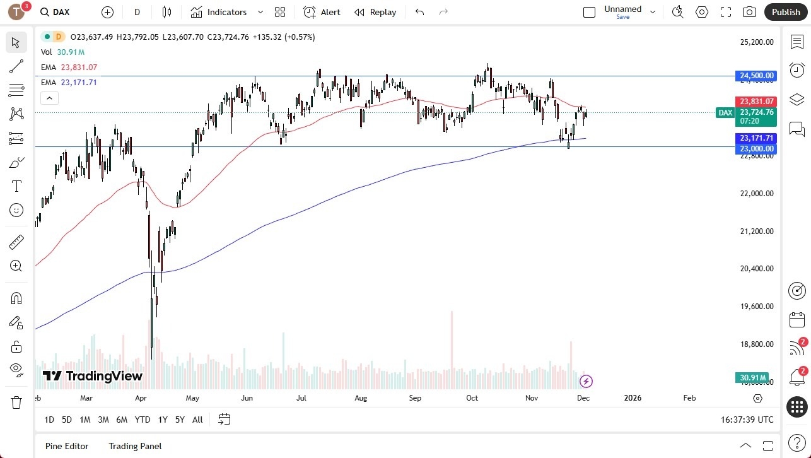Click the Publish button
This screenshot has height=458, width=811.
[x=785, y=12]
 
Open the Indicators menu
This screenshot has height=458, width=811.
[x=219, y=12]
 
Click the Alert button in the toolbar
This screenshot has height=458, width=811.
[x=322, y=12]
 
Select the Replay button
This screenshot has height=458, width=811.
[x=375, y=12]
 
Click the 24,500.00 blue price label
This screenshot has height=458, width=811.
[x=756, y=76]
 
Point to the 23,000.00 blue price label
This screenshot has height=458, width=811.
[x=756, y=148]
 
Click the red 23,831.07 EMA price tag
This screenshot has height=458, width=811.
[x=756, y=101]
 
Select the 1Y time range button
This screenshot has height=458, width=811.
[x=163, y=420]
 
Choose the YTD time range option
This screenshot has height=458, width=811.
[x=143, y=420]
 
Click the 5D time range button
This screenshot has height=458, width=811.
[x=67, y=420]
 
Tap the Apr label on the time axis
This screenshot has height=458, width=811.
[x=141, y=398]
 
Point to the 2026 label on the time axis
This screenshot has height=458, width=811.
[x=632, y=398]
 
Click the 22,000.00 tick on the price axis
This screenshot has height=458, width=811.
[x=756, y=194]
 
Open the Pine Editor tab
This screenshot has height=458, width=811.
[x=67, y=446]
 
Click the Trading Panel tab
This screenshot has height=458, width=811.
[x=135, y=446]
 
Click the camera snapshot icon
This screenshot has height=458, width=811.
[x=749, y=12]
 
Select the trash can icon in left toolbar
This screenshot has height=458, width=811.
[x=16, y=402]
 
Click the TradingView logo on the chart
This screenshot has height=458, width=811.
[x=93, y=376]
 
